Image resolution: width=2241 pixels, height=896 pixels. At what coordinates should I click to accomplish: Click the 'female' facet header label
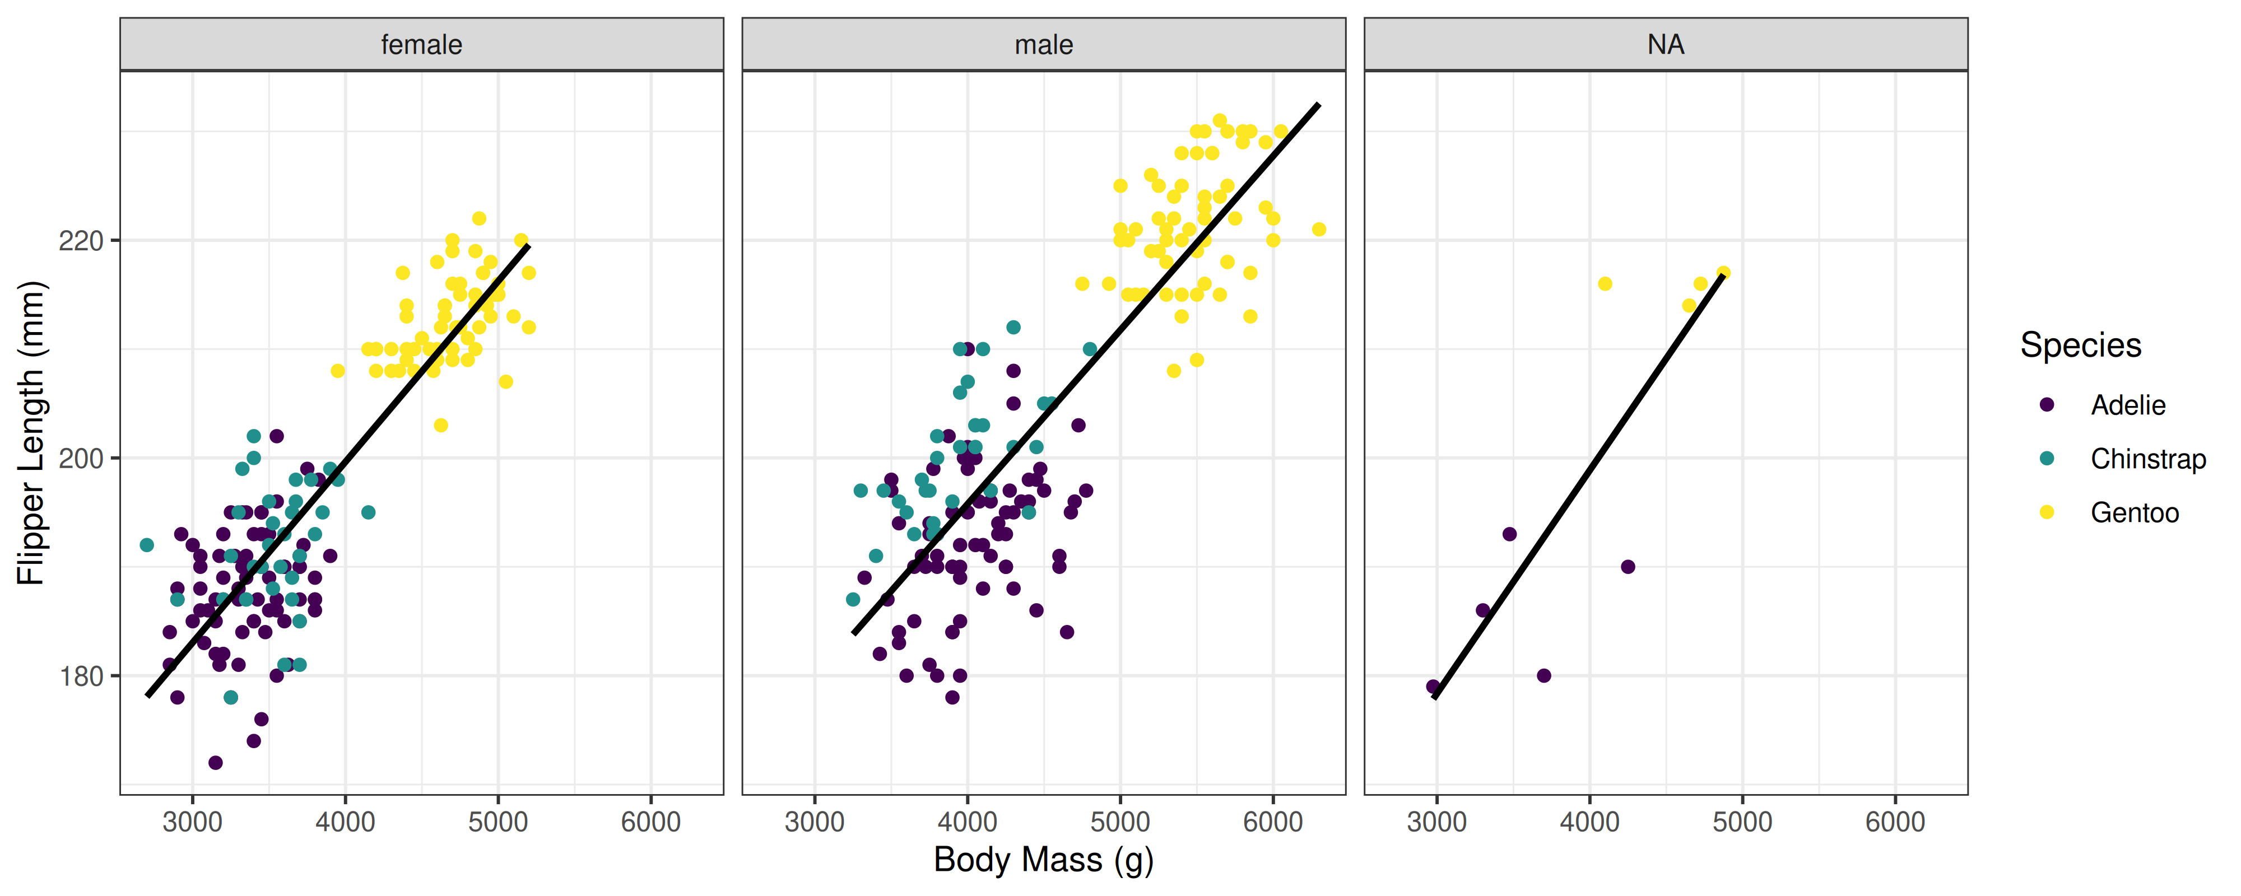click(421, 44)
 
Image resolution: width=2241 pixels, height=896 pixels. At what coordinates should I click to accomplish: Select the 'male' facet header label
click(1043, 44)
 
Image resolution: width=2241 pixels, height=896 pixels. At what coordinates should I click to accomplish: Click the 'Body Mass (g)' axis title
click(1043, 860)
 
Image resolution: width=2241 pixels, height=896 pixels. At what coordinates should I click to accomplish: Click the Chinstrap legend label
click(2148, 459)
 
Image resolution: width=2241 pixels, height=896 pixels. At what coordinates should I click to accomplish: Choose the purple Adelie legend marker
click(2047, 404)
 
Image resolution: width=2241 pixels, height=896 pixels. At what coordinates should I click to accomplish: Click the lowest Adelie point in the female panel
click(215, 763)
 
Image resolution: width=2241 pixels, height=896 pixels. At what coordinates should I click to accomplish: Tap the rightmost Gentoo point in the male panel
click(1319, 230)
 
